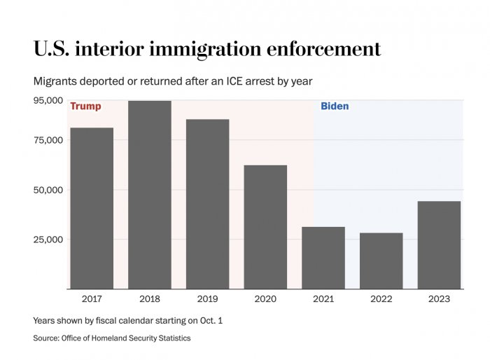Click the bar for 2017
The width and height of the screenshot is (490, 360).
92,208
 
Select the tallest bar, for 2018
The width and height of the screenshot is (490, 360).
150,195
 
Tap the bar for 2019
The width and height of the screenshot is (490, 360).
207,204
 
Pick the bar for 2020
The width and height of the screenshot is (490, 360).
265,227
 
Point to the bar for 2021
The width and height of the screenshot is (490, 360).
323,258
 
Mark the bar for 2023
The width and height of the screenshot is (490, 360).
439,245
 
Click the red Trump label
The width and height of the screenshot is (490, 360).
85,106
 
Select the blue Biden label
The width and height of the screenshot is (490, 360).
335,106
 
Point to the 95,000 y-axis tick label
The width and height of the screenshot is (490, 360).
48,100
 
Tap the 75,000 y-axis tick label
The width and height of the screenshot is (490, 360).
48,140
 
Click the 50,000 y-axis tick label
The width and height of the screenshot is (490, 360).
48,190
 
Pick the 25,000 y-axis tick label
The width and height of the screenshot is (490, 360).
48,240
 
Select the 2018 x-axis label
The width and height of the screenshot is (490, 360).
150,299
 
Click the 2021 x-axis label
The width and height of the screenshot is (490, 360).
323,299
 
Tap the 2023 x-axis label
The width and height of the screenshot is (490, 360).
439,299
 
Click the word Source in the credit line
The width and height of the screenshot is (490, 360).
45,338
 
